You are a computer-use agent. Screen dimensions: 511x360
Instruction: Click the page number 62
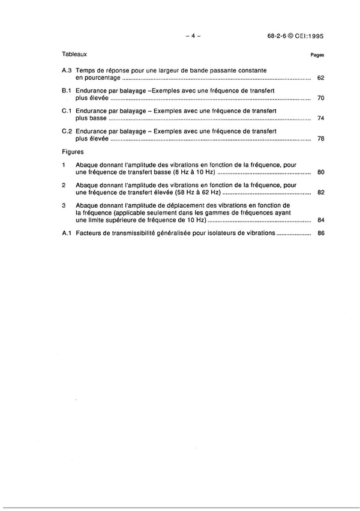[x=320, y=79]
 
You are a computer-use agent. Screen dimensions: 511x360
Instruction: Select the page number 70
[x=320, y=97]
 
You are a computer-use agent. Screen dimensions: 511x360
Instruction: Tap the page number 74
[x=320, y=118]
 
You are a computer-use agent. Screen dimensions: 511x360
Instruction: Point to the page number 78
[x=320, y=139]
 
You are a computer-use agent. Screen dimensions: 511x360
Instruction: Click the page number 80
[x=320, y=172]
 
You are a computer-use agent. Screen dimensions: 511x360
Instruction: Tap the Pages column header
[x=317, y=54]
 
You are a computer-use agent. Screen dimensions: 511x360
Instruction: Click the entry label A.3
[x=67, y=71]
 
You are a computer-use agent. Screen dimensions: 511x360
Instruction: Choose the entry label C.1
[x=67, y=110]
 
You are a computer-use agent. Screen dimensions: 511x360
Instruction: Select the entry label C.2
[x=67, y=131]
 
